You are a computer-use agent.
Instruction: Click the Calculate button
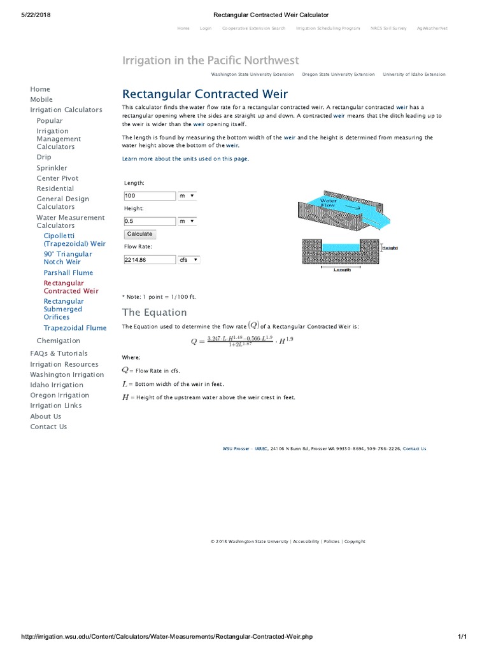point(139,234)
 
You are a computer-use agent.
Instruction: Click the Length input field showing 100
point(149,195)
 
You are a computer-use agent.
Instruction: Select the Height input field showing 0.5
point(149,221)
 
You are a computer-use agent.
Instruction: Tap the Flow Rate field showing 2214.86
point(149,260)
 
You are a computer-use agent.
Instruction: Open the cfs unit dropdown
point(188,260)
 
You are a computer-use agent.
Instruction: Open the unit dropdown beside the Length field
point(187,195)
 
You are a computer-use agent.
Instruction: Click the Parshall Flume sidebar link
point(68,273)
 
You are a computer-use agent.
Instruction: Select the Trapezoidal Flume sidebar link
point(74,328)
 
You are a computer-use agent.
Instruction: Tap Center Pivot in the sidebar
point(57,178)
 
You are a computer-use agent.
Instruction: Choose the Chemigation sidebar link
point(59,341)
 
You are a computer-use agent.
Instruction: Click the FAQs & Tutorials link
point(59,353)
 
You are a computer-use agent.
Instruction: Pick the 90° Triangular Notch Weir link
point(67,258)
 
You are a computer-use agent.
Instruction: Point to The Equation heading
point(154,312)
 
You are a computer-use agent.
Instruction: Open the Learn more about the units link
point(185,159)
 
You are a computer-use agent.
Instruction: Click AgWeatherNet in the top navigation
point(432,28)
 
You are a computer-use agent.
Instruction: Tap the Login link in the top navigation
point(205,28)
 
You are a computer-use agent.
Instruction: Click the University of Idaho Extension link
point(414,74)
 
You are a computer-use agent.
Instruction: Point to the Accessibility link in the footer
point(306,541)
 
